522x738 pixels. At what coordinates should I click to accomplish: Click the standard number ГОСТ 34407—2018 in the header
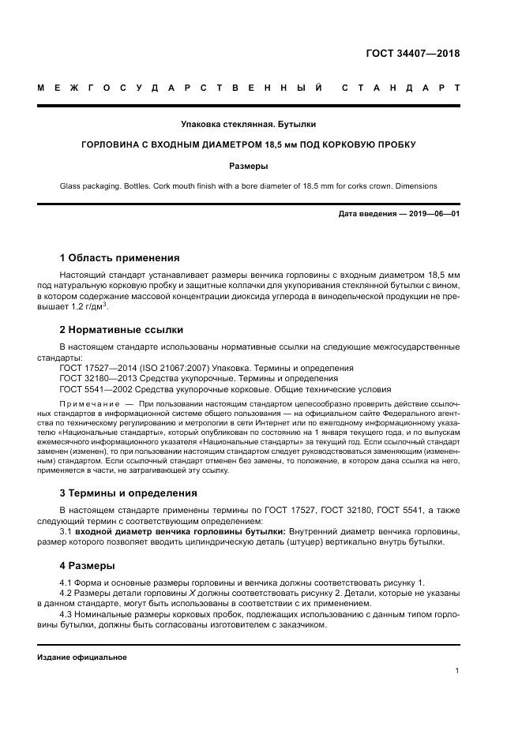pyautogui.click(x=412, y=54)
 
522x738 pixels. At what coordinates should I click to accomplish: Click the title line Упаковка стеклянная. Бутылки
pyautogui.click(x=248, y=124)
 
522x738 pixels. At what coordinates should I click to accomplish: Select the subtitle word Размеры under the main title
pyautogui.click(x=248, y=167)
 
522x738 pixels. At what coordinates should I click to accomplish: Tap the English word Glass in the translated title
pyautogui.click(x=72, y=186)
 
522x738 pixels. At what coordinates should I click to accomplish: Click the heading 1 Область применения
pyautogui.click(x=119, y=257)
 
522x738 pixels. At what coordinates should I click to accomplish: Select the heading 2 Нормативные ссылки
pyautogui.click(x=121, y=329)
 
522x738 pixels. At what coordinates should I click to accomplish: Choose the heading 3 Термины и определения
pyautogui.click(x=128, y=493)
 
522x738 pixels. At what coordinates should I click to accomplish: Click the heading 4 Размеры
pyautogui.click(x=87, y=565)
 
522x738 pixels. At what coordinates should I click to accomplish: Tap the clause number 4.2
pyautogui.click(x=66, y=592)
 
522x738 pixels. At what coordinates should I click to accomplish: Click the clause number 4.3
pyautogui.click(x=66, y=613)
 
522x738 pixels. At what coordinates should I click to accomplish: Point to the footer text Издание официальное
pyautogui.click(x=82, y=657)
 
